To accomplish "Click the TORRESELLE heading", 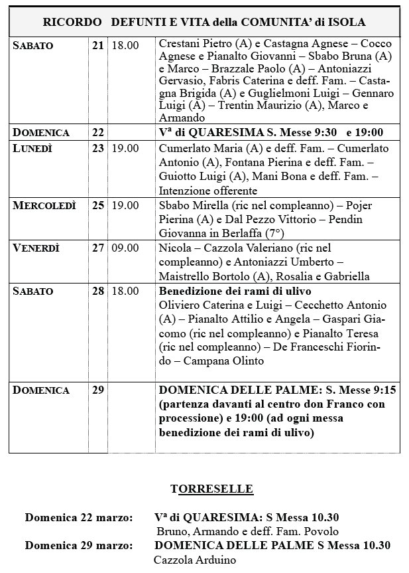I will tap(211, 489).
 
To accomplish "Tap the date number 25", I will tap(98, 205).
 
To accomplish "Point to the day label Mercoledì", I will tap(44, 205).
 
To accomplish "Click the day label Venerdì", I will tap(36, 248).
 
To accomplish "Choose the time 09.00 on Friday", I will tap(125, 248).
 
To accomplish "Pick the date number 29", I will tap(98, 390).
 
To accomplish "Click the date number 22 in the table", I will tap(98, 132).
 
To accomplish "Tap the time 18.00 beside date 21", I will tap(125, 45).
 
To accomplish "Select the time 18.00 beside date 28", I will tap(125, 291).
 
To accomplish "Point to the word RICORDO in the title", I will tap(72, 22).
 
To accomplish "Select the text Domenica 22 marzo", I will tap(79, 517).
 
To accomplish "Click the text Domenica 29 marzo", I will tap(79, 546).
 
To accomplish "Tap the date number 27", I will tap(98, 248).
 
